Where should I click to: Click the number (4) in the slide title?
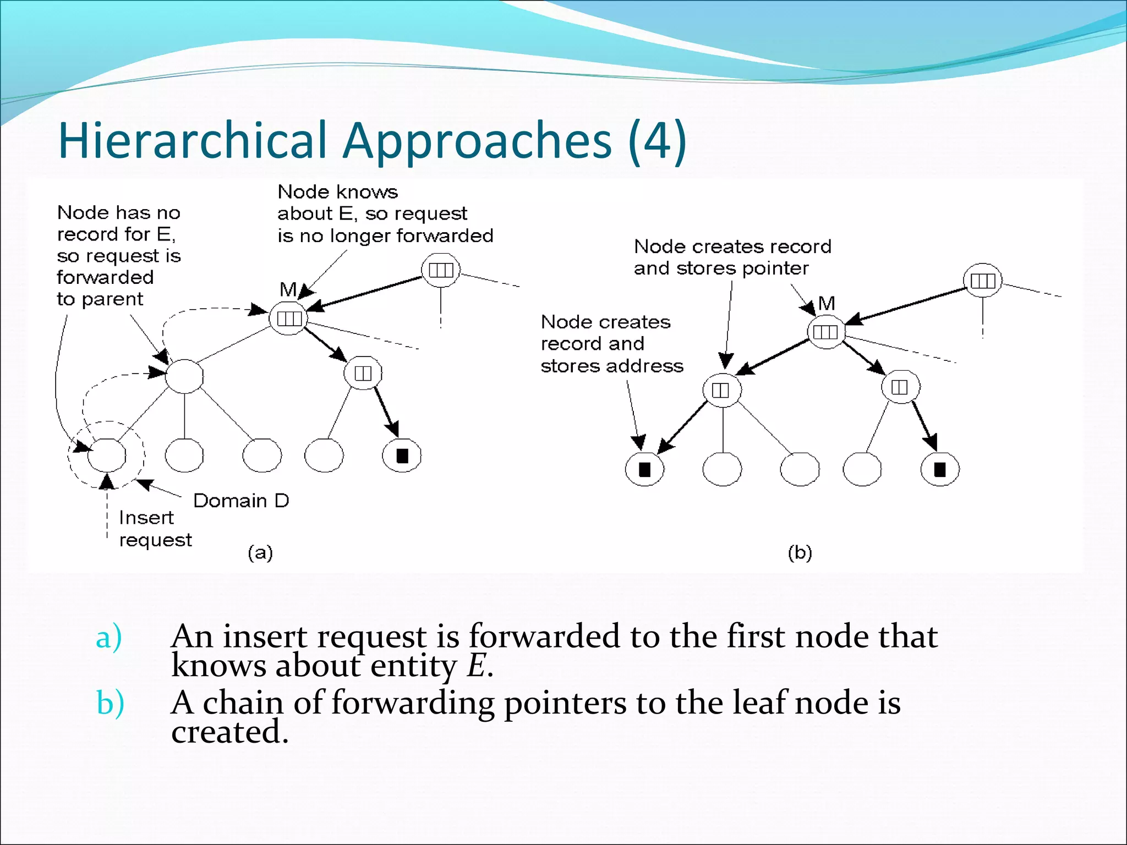[x=657, y=141]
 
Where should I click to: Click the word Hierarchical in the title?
[x=192, y=141]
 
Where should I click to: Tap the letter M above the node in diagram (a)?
[x=288, y=289]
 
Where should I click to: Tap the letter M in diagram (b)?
[x=827, y=303]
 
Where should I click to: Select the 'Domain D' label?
[x=241, y=501]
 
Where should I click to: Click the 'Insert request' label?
[x=155, y=529]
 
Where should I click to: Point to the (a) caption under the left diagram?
[x=260, y=552]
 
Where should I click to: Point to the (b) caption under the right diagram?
[x=800, y=552]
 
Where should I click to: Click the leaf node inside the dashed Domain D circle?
[x=107, y=456]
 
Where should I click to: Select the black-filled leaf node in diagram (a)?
[x=402, y=456]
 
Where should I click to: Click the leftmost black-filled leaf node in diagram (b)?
[x=644, y=469]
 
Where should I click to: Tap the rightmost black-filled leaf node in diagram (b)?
[x=940, y=469]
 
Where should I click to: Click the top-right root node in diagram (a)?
[x=441, y=270]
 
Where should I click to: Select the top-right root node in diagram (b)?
[x=983, y=281]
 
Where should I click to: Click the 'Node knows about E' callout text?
[x=385, y=213]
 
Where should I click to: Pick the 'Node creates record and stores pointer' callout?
[x=732, y=257]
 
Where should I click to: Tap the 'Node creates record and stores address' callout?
[x=611, y=344]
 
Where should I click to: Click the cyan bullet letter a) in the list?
[x=108, y=638]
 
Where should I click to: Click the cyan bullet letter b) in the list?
[x=110, y=704]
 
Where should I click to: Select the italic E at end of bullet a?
[x=477, y=666]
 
